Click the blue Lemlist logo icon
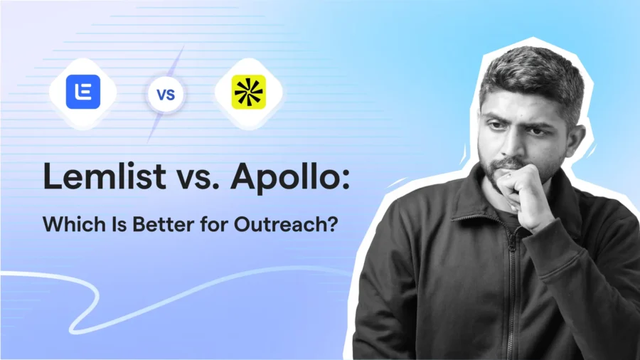tap(83, 92)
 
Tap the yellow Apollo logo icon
tap(249, 92)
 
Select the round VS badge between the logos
tap(166, 93)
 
